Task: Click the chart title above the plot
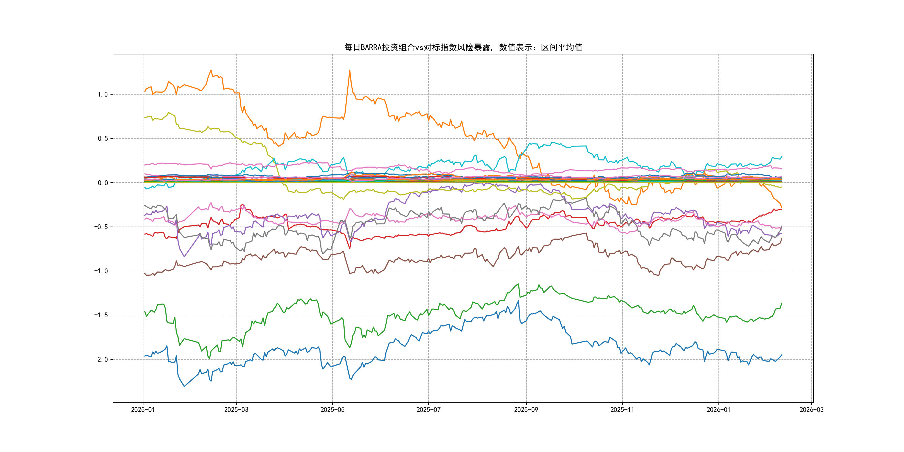click(x=463, y=47)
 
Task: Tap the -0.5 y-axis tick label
click(x=101, y=227)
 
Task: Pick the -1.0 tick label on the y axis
click(x=101, y=271)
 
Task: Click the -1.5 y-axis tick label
click(x=101, y=315)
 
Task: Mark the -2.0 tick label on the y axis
click(x=101, y=359)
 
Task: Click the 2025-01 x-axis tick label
click(x=143, y=410)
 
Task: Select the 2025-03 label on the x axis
click(x=236, y=410)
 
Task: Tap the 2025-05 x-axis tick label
click(x=332, y=410)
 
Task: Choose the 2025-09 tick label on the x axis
click(x=526, y=410)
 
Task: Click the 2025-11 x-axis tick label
click(x=622, y=410)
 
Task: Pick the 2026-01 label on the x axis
click(x=718, y=410)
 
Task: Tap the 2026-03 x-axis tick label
click(x=811, y=410)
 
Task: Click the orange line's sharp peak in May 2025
click(x=350, y=71)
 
